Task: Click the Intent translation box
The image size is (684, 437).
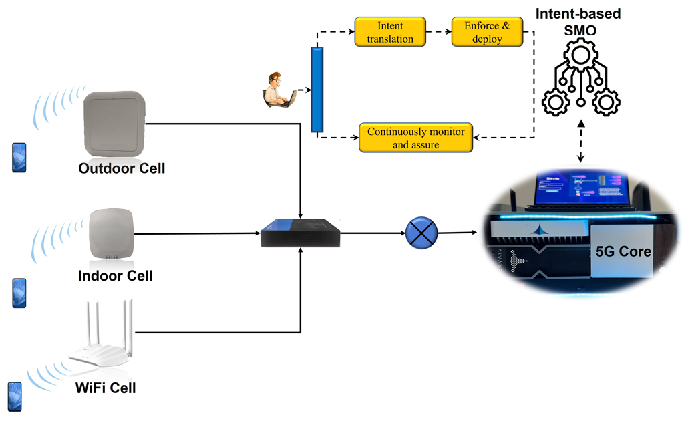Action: click(390, 32)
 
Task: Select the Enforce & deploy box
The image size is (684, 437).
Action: click(487, 32)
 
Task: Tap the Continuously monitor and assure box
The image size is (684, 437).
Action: click(416, 138)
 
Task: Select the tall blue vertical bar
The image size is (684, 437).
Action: click(317, 90)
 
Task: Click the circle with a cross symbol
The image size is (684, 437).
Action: click(421, 233)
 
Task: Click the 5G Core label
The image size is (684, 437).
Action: click(623, 253)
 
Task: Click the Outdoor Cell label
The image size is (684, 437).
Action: click(122, 168)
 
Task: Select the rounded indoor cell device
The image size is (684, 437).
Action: click(112, 234)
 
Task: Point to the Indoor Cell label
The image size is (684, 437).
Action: click(116, 275)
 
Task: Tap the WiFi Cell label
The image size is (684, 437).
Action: click(106, 388)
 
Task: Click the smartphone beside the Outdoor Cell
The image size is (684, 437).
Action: click(19, 158)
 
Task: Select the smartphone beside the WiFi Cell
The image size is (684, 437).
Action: click(15, 396)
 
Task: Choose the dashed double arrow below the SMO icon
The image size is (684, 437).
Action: click(580, 142)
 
